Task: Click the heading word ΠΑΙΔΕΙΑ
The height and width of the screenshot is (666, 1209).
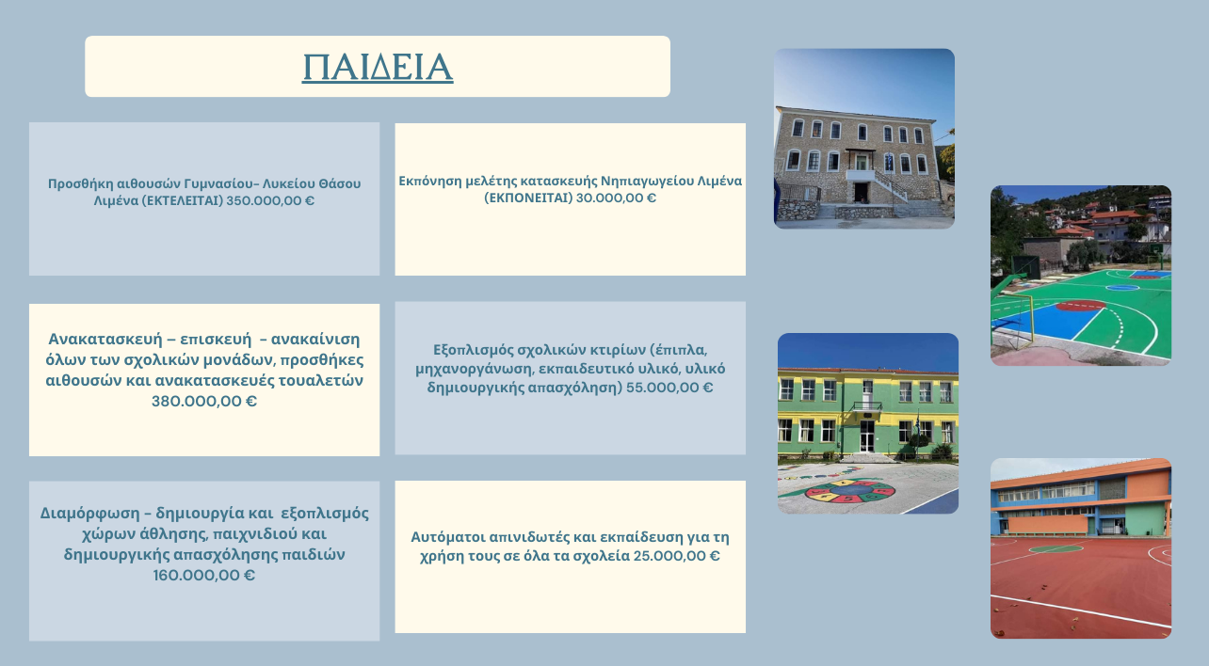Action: pyautogui.click(x=378, y=67)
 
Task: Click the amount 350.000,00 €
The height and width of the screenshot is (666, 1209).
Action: pyautogui.click(x=270, y=200)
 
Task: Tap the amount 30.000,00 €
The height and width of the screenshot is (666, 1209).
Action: pyautogui.click(x=616, y=198)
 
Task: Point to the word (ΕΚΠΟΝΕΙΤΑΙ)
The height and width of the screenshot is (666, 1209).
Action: pyautogui.click(x=528, y=198)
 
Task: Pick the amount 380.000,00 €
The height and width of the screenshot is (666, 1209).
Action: pyautogui.click(x=204, y=402)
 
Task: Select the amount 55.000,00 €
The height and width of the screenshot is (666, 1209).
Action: pyautogui.click(x=669, y=388)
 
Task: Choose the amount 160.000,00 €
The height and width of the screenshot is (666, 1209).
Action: pyautogui.click(x=204, y=576)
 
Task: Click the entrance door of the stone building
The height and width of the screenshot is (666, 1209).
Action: pyautogui.click(x=861, y=192)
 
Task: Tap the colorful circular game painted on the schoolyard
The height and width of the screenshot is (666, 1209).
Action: pyautogui.click(x=849, y=491)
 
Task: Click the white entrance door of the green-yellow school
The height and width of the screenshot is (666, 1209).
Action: pyautogui.click(x=867, y=436)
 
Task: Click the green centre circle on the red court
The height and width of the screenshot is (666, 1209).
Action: pyautogui.click(x=1056, y=549)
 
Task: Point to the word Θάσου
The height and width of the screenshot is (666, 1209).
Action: pyautogui.click(x=340, y=183)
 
